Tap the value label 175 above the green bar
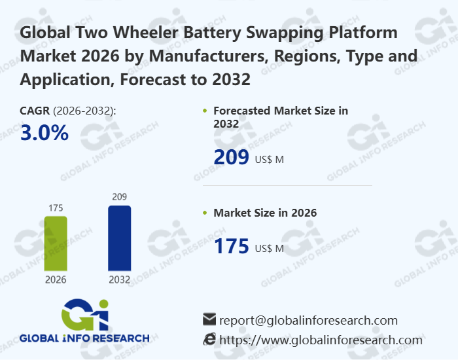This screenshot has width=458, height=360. [x=56, y=208]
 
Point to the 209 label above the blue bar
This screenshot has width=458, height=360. [x=119, y=196]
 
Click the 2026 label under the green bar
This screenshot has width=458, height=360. [x=56, y=279]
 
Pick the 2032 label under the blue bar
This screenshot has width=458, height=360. [x=119, y=279]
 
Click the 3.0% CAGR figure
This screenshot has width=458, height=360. [x=44, y=133]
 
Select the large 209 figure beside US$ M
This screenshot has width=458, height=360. [x=232, y=157]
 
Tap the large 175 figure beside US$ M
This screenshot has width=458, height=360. [x=232, y=247]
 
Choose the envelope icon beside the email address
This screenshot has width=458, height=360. [x=209, y=319]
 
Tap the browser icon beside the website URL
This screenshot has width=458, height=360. [x=209, y=339]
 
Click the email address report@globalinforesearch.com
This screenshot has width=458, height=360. [x=308, y=320]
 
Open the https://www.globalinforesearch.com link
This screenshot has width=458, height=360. [x=321, y=340]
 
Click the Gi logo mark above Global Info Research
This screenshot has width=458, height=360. [x=85, y=314]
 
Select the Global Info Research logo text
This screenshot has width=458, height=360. [x=84, y=338]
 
